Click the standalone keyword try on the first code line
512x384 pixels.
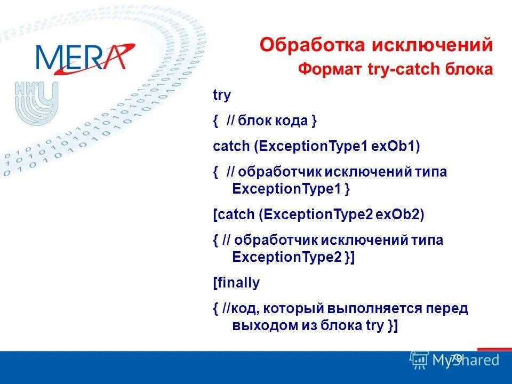point(222,96)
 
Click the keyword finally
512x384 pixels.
point(237,283)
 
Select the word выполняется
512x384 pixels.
point(375,309)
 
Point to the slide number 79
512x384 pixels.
point(456,359)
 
